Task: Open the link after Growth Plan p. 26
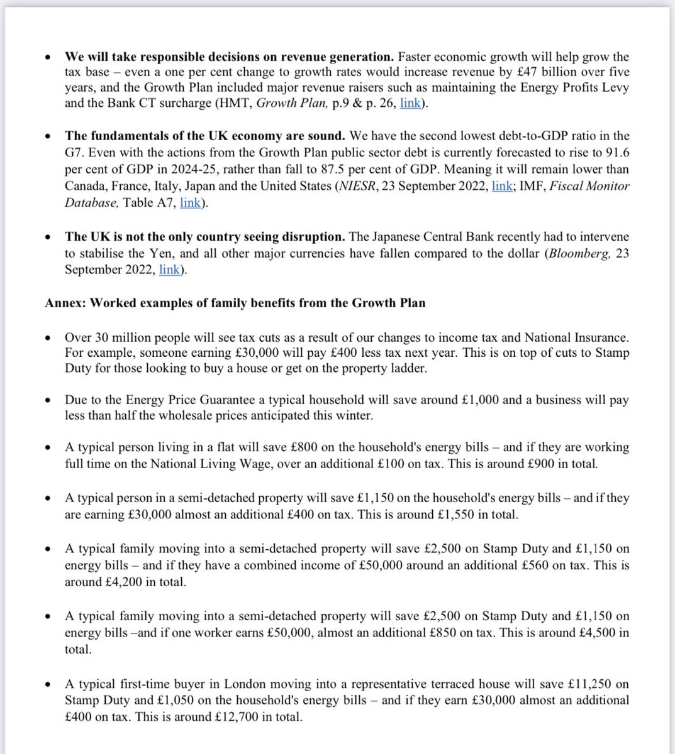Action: click(x=410, y=103)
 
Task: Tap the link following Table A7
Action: click(x=190, y=202)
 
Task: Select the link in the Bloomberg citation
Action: click(x=169, y=270)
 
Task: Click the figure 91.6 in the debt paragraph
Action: click(x=615, y=152)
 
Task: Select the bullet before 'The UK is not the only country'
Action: click(x=49, y=238)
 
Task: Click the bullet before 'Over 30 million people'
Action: click(x=49, y=337)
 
